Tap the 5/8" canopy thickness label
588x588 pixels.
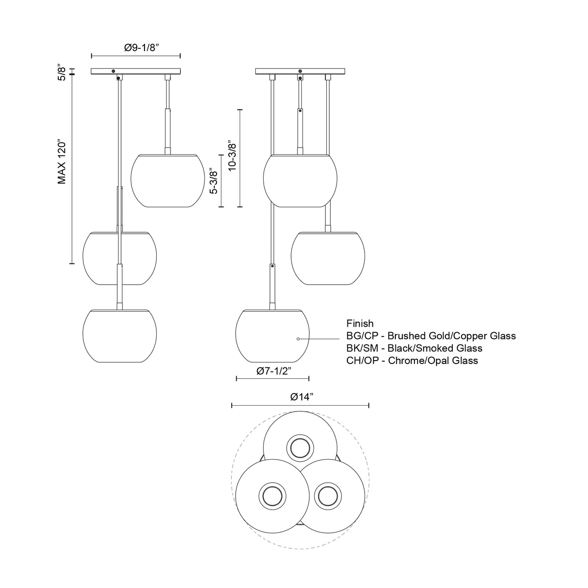[62, 72]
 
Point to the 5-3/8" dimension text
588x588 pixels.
[213, 182]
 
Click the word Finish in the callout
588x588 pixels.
[360, 323]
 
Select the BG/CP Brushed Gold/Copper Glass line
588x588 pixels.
[431, 336]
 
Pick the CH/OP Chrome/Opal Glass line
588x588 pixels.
[412, 360]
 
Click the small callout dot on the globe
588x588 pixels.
[297, 339]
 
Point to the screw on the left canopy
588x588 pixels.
[114, 72]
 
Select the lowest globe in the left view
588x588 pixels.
[119, 336]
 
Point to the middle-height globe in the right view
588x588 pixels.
[327, 258]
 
